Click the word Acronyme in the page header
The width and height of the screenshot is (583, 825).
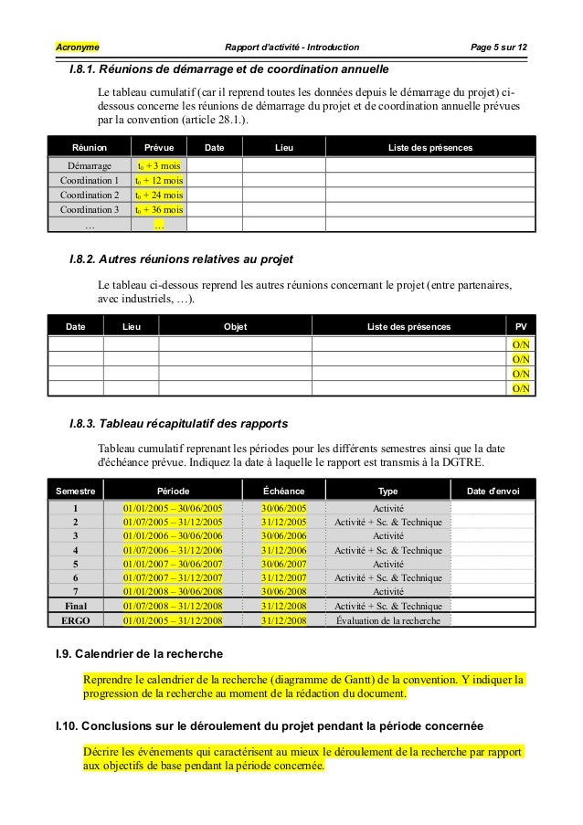(79, 47)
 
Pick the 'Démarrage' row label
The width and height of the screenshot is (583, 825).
(90, 166)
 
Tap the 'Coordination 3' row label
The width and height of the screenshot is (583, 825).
(90, 209)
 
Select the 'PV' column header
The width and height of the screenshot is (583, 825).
(521, 326)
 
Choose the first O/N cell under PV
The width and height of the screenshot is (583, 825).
(521, 344)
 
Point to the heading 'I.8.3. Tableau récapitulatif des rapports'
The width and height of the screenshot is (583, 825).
(179, 425)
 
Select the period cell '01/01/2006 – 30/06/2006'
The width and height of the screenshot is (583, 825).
(174, 536)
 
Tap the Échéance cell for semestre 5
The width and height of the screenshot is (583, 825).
(284, 564)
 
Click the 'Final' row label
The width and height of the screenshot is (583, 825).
(76, 606)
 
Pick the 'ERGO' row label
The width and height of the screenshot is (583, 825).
(76, 620)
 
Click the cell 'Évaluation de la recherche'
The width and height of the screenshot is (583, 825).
(388, 620)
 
